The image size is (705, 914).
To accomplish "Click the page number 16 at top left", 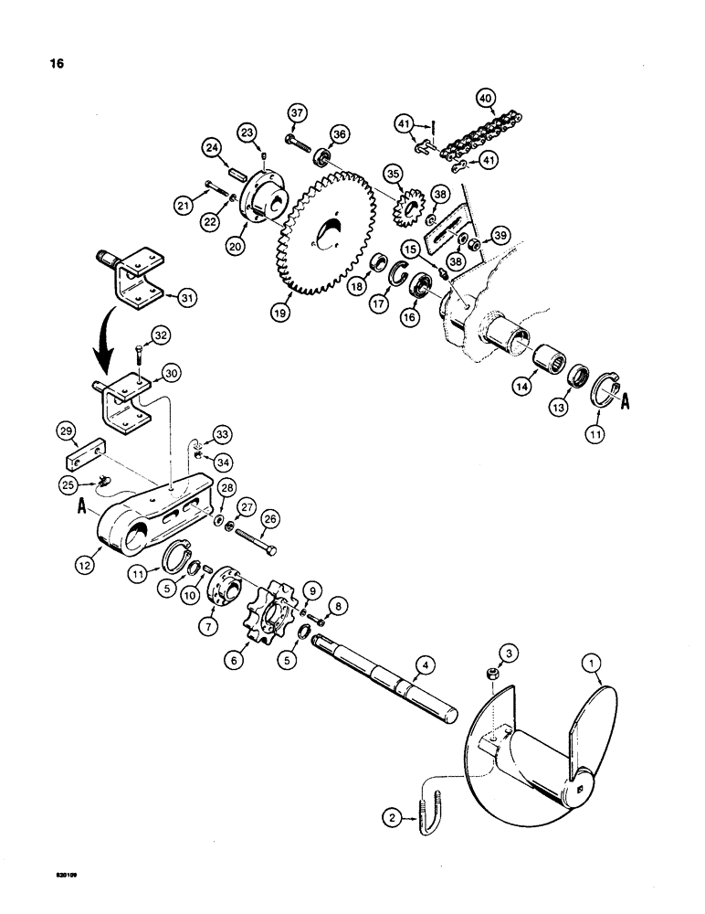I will (x=41, y=67).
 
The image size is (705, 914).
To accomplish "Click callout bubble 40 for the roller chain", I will (x=484, y=96).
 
